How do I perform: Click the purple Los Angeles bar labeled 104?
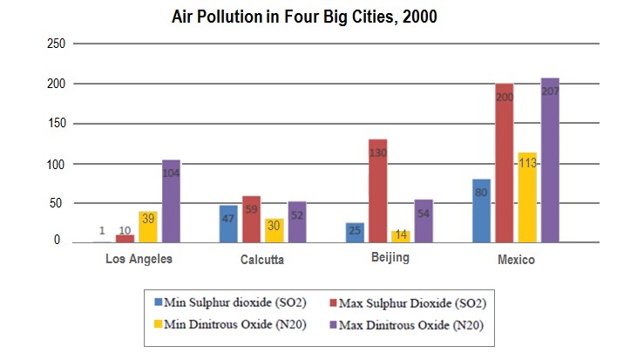pyautogui.click(x=171, y=200)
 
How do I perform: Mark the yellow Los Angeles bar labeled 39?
pyautogui.click(x=148, y=226)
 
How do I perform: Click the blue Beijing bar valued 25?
pyautogui.click(x=355, y=232)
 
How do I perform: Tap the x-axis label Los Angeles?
pyautogui.click(x=139, y=259)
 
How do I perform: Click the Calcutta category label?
pyautogui.click(x=261, y=260)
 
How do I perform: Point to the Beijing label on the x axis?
pyautogui.click(x=389, y=258)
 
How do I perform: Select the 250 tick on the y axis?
pyautogui.click(x=55, y=44)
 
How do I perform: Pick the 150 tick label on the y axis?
pyautogui.click(x=55, y=124)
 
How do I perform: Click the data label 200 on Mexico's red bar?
pyautogui.click(x=505, y=98)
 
